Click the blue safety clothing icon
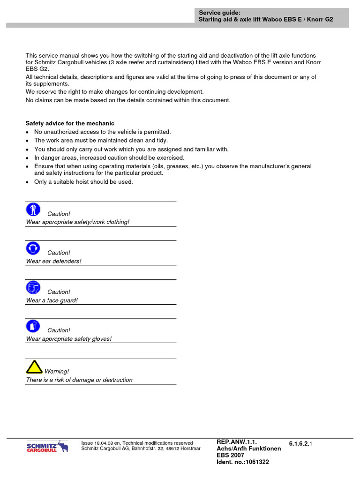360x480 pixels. click(x=33, y=210)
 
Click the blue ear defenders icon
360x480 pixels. click(x=33, y=248)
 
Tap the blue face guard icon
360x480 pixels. click(x=33, y=287)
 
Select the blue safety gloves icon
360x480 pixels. click(x=33, y=326)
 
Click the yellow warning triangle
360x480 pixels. click(x=34, y=367)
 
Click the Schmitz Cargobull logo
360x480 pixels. click(x=47, y=448)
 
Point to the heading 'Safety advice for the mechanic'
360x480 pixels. click(x=70, y=123)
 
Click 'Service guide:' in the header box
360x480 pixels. click(x=219, y=13)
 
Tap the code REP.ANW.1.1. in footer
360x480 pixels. click(x=237, y=442)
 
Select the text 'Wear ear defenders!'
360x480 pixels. click(x=53, y=261)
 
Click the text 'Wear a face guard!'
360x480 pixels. click(x=52, y=300)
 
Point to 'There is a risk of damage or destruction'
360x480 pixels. click(x=79, y=380)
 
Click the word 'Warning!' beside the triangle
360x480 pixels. click(x=57, y=371)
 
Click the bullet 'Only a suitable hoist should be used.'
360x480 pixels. click(x=83, y=182)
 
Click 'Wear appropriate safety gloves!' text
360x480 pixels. click(x=69, y=339)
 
